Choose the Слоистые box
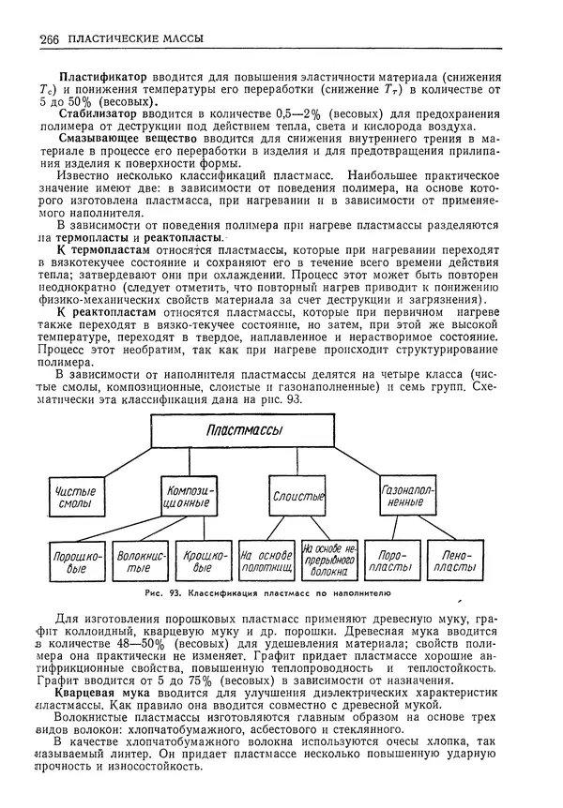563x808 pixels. [x=298, y=495]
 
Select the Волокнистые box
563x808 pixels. [x=132, y=561]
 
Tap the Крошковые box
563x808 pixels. [x=197, y=561]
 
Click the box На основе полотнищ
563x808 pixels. [x=266, y=561]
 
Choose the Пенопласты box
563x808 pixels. [x=458, y=561]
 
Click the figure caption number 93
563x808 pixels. [x=195, y=592]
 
